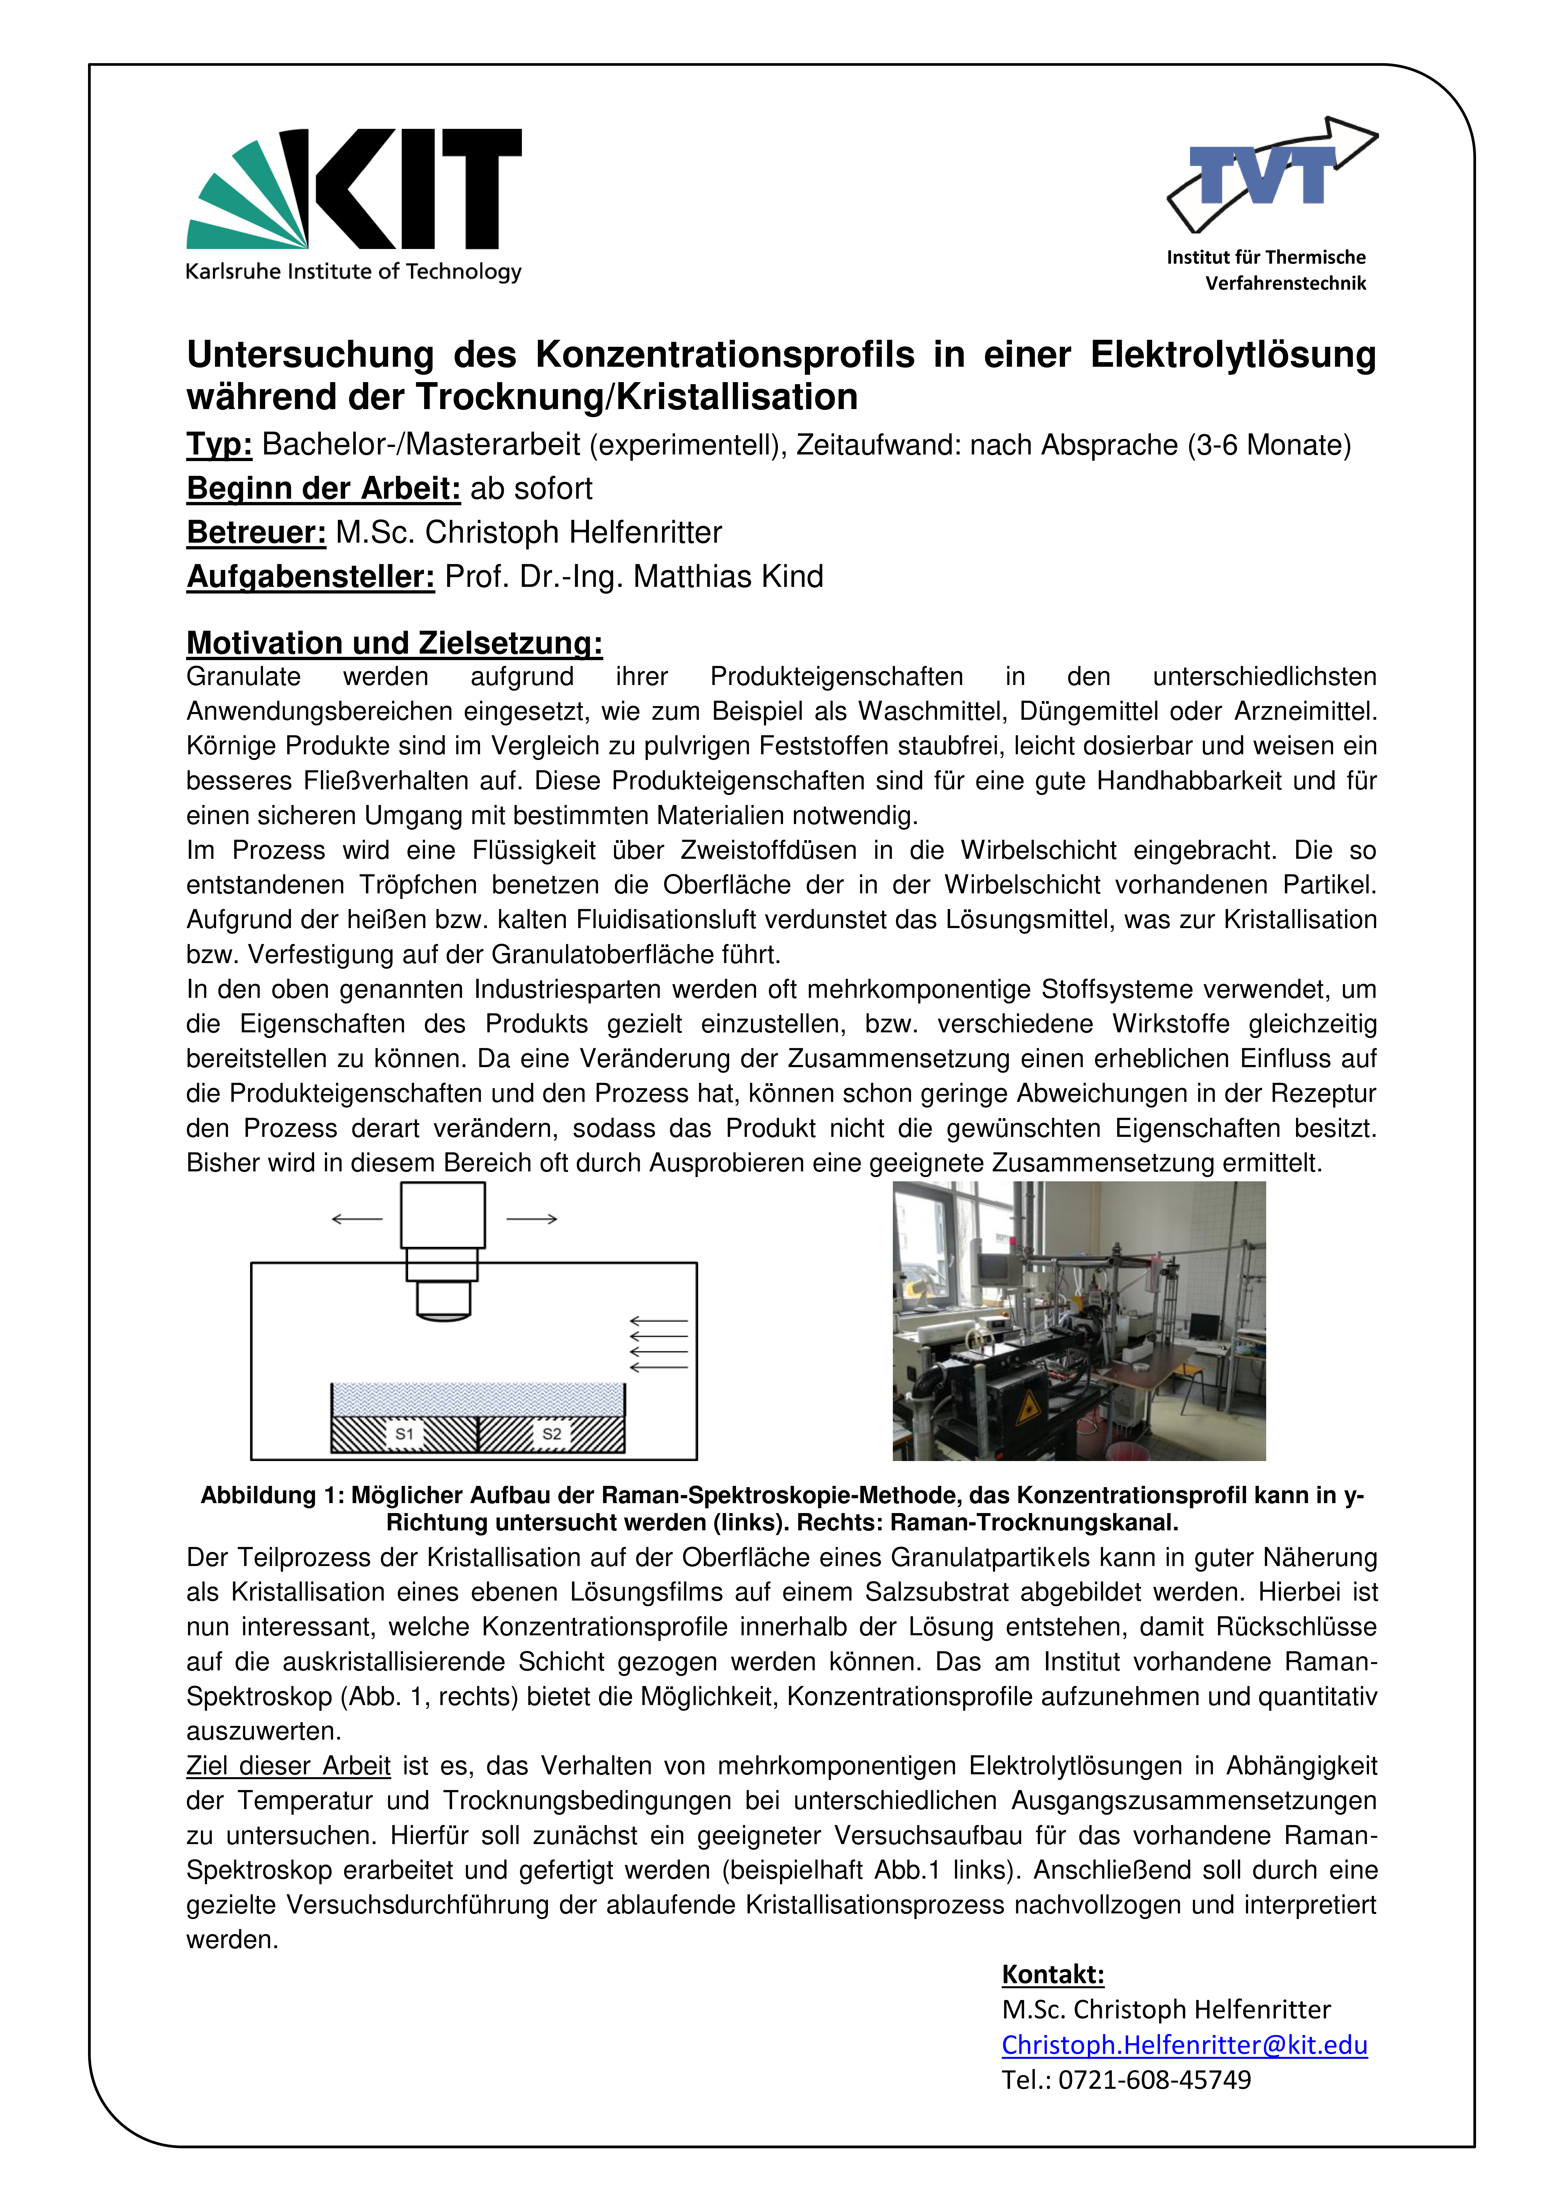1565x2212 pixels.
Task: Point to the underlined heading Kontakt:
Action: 1052,1974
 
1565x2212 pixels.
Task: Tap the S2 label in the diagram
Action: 551,1434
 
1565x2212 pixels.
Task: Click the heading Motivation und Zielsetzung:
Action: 394,643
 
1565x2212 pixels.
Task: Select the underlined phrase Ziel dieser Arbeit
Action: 288,1766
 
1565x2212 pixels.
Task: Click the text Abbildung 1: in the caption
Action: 272,1495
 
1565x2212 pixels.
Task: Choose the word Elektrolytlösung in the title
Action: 1233,354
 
